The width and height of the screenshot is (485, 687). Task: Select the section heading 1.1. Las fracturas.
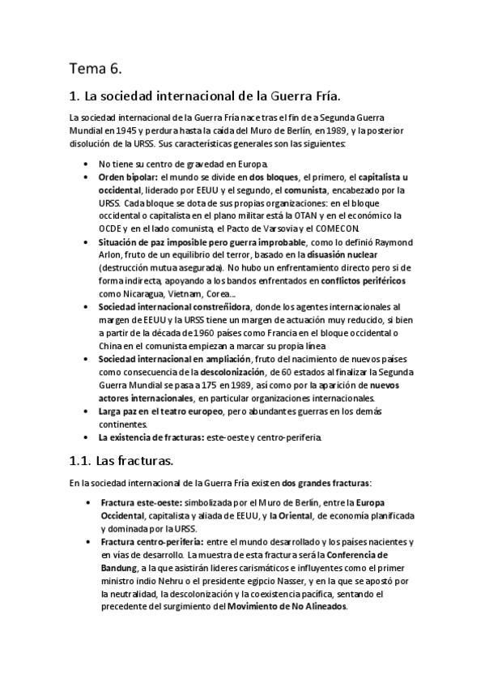[121, 462]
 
